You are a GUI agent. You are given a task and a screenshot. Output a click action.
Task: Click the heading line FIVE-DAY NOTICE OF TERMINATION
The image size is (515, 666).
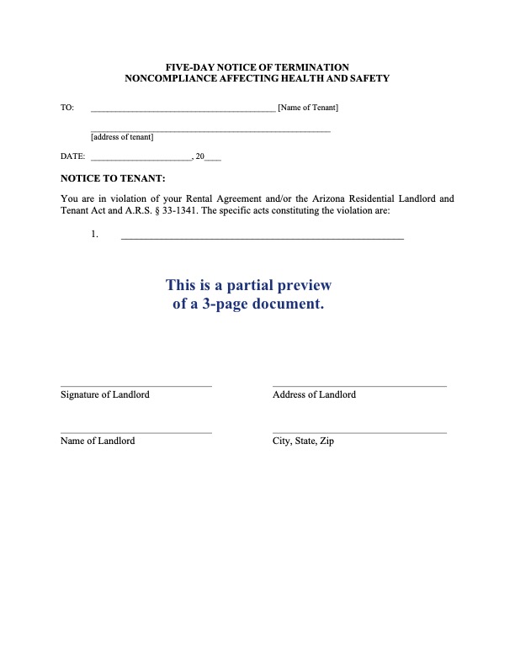coord(257,66)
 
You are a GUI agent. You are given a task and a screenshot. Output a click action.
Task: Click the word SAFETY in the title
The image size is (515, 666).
coord(367,78)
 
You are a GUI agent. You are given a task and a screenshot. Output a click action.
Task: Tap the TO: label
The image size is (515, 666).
coord(67,108)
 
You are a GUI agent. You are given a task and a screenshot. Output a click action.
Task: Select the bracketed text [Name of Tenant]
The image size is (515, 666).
coord(308,108)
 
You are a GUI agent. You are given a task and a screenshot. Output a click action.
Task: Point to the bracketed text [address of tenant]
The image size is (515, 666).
coord(122,137)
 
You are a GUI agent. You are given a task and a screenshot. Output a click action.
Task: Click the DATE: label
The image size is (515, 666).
coord(72,156)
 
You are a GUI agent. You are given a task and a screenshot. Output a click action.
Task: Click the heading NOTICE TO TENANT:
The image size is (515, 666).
coord(113,178)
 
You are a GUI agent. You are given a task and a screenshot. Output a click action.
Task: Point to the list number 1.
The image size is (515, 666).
coord(95,235)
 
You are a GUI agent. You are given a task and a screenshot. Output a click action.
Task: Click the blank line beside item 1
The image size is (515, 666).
coord(263,239)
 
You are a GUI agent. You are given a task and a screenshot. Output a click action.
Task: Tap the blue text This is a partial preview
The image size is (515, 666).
coord(248,284)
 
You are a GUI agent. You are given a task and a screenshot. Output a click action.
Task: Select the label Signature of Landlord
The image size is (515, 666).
coord(105,394)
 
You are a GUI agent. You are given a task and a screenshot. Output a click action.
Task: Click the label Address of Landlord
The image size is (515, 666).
coord(314,394)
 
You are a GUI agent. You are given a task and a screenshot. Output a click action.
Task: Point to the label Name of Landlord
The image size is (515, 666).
coord(98,441)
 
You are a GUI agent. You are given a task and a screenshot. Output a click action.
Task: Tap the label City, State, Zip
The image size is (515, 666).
coord(303,441)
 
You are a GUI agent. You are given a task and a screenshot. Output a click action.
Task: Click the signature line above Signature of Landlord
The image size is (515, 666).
coord(135,386)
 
